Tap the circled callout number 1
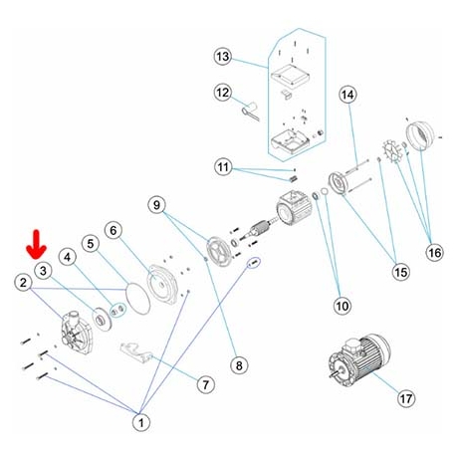(x=141, y=422)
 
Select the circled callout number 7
(x=206, y=384)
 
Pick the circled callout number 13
(x=223, y=57)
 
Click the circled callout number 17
(x=406, y=398)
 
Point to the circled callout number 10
(x=342, y=306)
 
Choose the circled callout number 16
(x=434, y=253)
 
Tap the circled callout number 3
(x=43, y=271)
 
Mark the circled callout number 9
(x=156, y=205)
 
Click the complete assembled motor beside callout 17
(x=359, y=359)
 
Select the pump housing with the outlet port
(x=76, y=332)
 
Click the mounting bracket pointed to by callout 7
(x=136, y=352)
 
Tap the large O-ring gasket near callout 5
(x=138, y=298)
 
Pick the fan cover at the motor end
(x=420, y=135)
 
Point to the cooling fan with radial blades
(x=392, y=151)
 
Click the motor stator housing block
(x=295, y=208)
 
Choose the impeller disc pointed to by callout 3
(x=103, y=320)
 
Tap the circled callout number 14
(x=348, y=95)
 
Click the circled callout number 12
(x=223, y=93)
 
